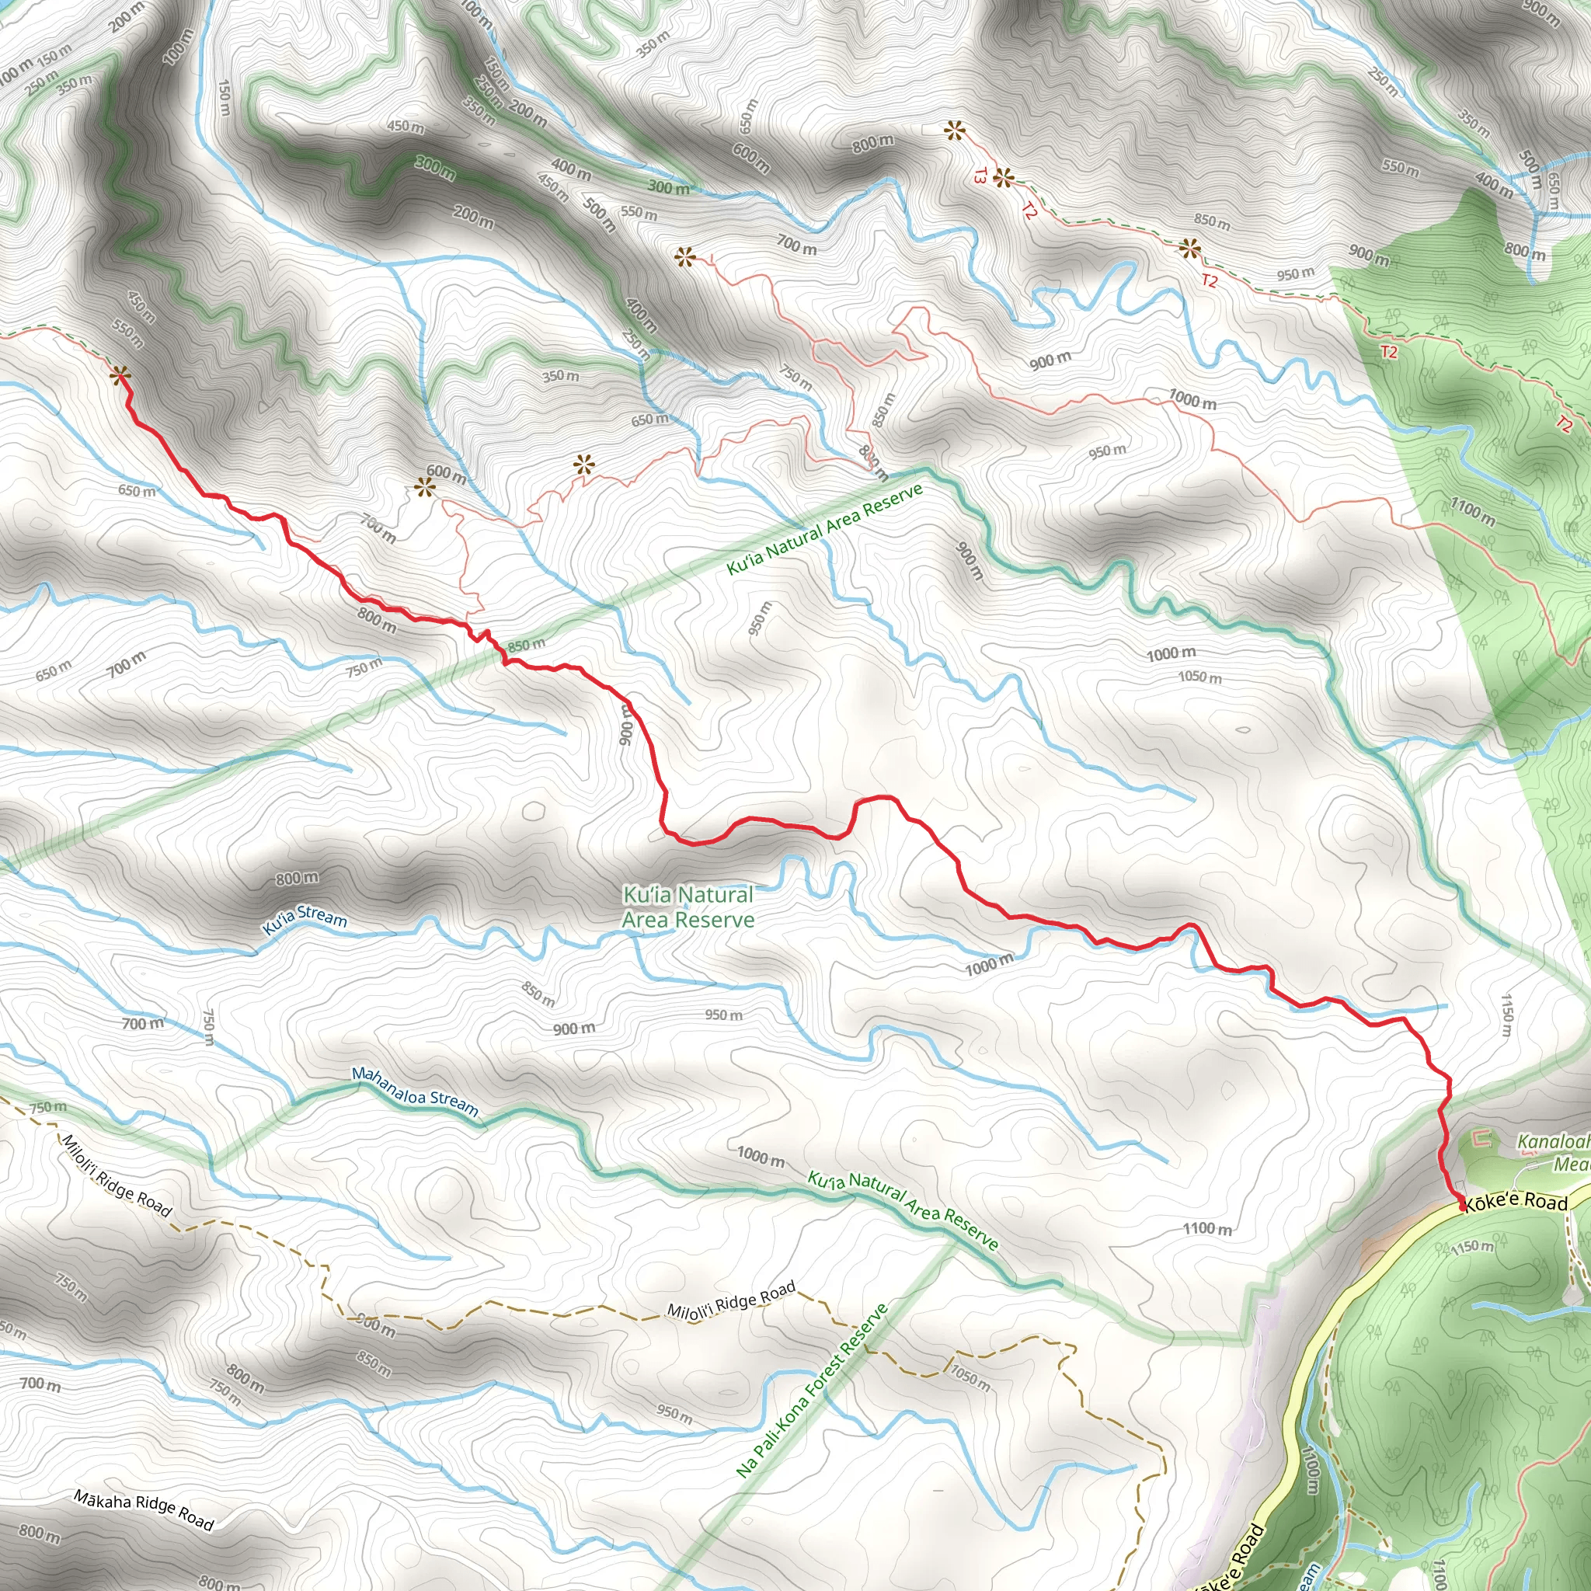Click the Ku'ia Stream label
coord(304,918)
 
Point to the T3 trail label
coord(980,176)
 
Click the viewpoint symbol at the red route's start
coord(120,376)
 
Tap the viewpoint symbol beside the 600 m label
coord(424,489)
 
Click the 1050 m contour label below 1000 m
coord(1199,677)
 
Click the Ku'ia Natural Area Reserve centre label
coord(688,907)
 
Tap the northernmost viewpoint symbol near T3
coord(954,130)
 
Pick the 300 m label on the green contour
coord(434,167)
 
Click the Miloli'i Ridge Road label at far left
coord(117,1175)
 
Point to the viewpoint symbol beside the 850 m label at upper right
coord(1189,248)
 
